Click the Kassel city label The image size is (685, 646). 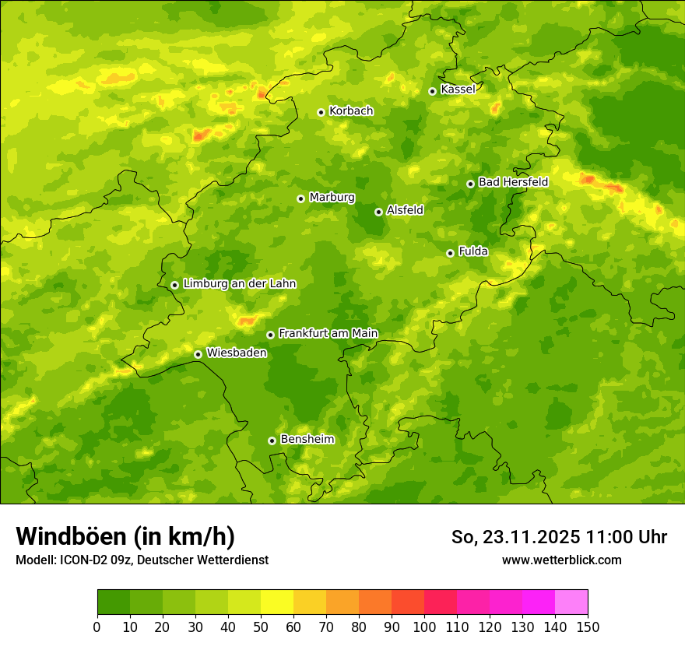458,90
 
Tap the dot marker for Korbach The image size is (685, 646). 321,112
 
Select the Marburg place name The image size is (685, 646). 332,198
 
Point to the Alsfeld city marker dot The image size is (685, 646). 378,212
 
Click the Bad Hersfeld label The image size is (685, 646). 513,182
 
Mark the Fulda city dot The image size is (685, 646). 450,253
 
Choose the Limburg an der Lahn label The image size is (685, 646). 239,284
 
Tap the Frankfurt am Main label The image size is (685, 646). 328,333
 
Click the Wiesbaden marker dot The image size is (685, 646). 198,354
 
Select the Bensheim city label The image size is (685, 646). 307,439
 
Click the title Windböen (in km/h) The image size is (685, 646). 125,536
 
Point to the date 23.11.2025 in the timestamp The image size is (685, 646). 531,537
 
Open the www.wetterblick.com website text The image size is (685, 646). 561,560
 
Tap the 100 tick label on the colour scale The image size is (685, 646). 424,627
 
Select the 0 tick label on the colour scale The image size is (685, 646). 97,627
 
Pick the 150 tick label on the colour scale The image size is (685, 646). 588,627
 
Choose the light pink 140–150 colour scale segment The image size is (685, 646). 571,602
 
